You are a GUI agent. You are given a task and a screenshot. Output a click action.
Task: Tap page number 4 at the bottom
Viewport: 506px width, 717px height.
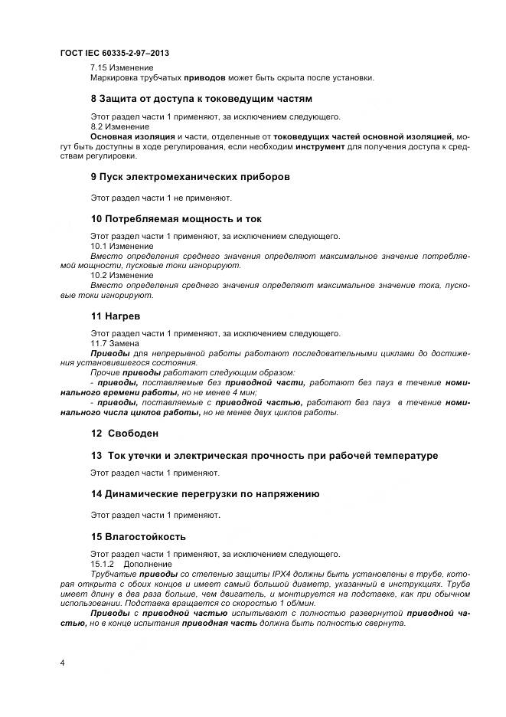(62, 661)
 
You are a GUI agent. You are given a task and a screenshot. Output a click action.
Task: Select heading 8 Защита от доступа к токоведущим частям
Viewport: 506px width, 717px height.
(201, 99)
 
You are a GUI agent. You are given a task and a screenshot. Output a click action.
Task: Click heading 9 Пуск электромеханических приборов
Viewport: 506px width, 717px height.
(190, 176)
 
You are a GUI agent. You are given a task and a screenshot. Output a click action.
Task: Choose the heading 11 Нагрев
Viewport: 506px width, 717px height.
(116, 315)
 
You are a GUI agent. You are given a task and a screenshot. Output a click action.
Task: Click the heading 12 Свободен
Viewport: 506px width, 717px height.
(125, 433)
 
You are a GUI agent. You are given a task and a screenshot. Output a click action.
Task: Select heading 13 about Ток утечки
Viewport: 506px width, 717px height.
(264, 455)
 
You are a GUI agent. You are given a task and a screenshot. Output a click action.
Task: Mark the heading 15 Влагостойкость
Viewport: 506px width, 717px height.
(138, 535)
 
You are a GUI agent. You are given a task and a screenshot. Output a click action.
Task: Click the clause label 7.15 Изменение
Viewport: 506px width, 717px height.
(122, 67)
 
